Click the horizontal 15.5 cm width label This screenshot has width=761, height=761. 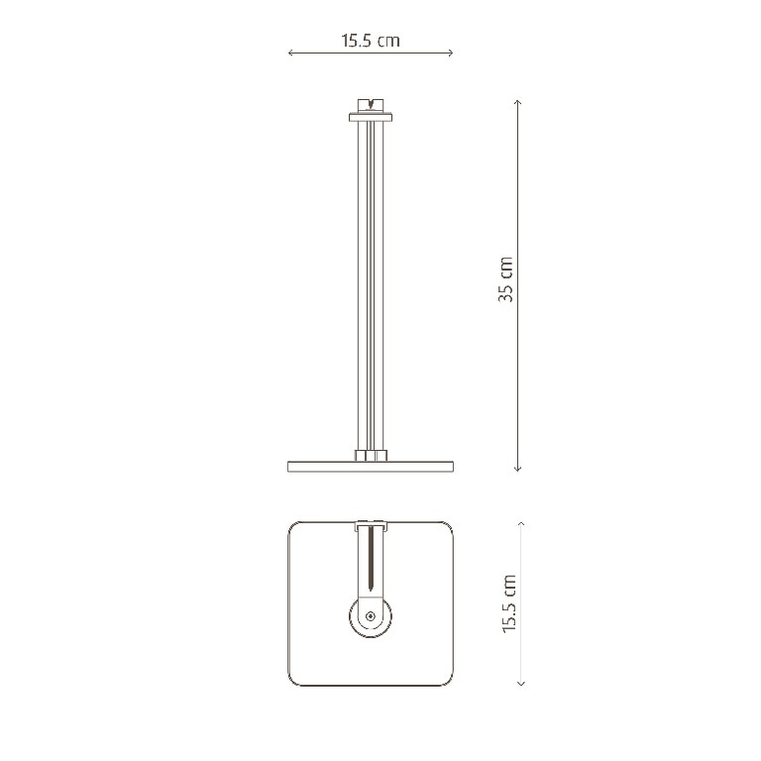tap(371, 41)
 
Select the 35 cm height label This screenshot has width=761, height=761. tap(506, 279)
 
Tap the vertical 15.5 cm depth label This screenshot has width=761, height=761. tap(509, 603)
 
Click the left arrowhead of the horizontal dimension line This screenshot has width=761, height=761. tap(290, 54)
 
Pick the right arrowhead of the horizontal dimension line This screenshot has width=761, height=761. tap(451, 54)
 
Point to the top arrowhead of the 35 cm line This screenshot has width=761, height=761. tap(517, 101)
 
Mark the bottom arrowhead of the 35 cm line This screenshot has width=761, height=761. tap(517, 469)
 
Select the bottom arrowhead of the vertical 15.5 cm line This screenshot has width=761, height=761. tap(521, 684)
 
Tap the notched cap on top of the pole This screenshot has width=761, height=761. tap(370, 103)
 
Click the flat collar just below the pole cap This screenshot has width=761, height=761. tap(370, 118)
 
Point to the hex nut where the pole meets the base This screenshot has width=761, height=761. tap(370, 457)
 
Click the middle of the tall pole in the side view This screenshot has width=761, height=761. tap(370, 287)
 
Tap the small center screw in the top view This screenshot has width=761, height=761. tap(370, 616)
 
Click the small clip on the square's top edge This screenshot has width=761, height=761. tap(370, 523)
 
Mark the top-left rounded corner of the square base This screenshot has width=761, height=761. tap(294, 529)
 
